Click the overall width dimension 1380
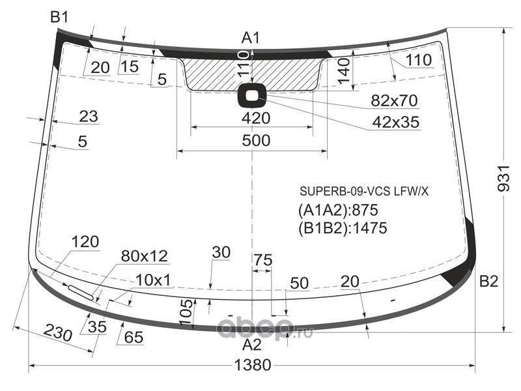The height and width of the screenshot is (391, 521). click(253, 365)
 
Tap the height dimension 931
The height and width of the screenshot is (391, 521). click(503, 178)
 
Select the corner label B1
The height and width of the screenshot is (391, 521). click(59, 17)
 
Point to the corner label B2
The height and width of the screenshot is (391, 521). click(488, 282)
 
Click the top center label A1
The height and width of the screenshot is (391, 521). click(251, 38)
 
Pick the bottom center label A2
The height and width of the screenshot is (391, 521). click(251, 345)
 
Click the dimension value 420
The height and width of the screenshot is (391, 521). click(256, 118)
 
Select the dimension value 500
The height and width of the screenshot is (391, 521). click(256, 141)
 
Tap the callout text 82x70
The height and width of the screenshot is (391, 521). click(394, 100)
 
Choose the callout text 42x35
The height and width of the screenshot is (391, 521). click(396, 123)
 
